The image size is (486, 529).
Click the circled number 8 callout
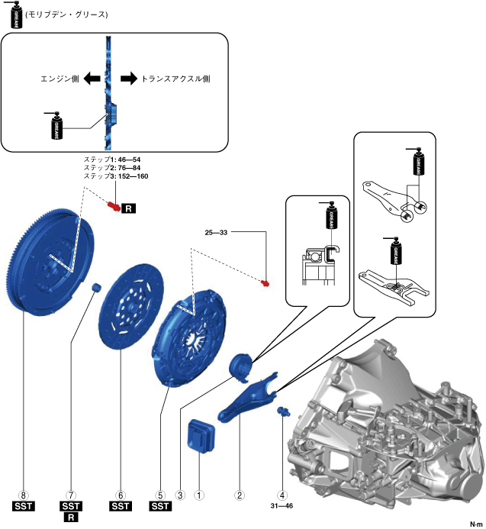24,495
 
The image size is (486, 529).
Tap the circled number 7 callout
70,495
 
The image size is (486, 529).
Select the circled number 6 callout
121,495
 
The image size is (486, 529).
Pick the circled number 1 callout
199,495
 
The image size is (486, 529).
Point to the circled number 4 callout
283,495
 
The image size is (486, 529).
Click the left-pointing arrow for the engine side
92,79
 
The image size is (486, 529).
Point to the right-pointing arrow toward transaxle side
129,79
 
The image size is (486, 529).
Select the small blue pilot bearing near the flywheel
98,287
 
